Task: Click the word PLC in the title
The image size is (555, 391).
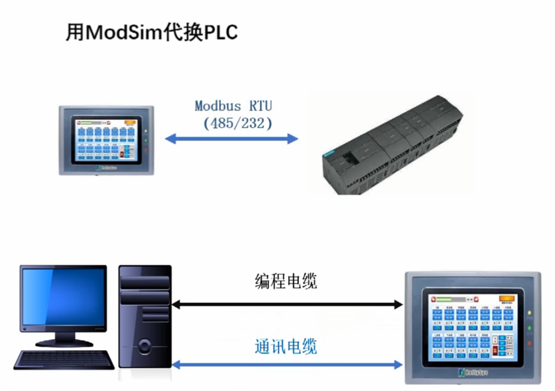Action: tap(221, 32)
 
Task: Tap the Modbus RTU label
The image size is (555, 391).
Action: tap(234, 106)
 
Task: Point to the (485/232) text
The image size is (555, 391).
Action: tap(238, 123)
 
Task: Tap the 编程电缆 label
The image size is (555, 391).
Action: tap(286, 281)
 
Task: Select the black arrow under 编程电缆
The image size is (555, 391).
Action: tap(287, 304)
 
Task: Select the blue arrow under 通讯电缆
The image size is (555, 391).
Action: tap(287, 365)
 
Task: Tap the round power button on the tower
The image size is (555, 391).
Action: tap(145, 347)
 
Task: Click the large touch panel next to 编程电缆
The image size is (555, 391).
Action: tap(472, 327)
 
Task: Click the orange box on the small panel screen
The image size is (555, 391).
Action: tap(129, 122)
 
